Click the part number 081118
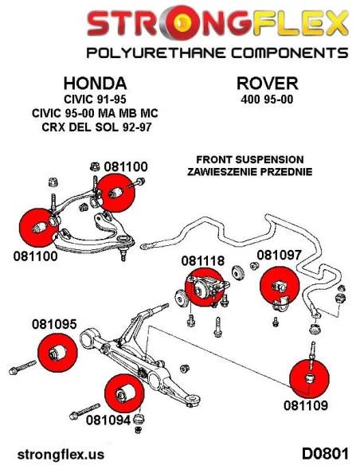pyautogui.click(x=203, y=261)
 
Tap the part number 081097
pyautogui.click(x=279, y=255)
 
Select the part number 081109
pyautogui.click(x=306, y=405)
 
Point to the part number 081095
pyautogui.click(x=54, y=324)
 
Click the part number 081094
pyautogui.click(x=108, y=420)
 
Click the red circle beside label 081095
pyautogui.click(x=58, y=352)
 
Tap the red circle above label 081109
pyautogui.click(x=309, y=378)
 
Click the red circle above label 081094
pyautogui.click(x=124, y=393)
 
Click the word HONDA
pyautogui.click(x=96, y=84)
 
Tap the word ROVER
pyautogui.click(x=267, y=84)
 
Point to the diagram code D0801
pyautogui.click(x=325, y=454)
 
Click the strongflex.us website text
pyautogui.click(x=61, y=455)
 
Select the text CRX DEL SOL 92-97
pyautogui.click(x=96, y=127)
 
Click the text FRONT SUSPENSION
pyautogui.click(x=250, y=159)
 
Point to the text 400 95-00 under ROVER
pyautogui.click(x=267, y=100)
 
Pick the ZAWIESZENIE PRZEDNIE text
pyautogui.click(x=249, y=171)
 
